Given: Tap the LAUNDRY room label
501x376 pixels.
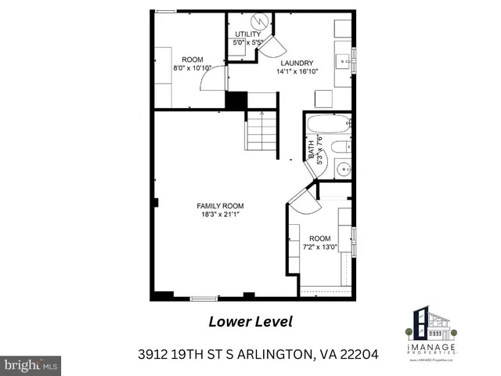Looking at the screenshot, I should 294,63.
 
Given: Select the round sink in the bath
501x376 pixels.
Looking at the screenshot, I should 341,168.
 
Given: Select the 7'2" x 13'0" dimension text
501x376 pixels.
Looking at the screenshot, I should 319,247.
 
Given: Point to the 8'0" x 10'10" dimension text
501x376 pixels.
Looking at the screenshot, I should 193,67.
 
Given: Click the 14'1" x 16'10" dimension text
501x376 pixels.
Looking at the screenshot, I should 294,71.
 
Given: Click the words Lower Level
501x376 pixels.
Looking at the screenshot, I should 250,321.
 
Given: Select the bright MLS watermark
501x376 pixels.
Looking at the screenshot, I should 31,364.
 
